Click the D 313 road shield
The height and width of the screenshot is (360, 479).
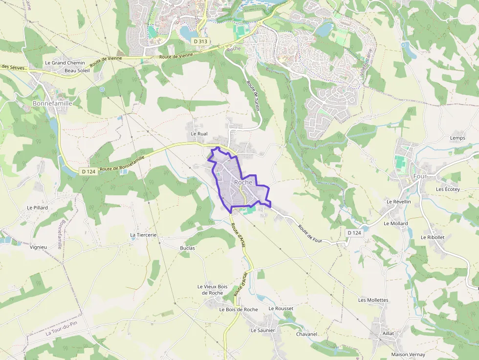click(x=200, y=42)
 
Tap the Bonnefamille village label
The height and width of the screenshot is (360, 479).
click(x=52, y=104)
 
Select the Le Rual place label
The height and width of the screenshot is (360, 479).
click(x=199, y=133)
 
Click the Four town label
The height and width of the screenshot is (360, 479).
click(x=420, y=176)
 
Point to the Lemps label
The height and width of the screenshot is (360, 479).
click(x=457, y=138)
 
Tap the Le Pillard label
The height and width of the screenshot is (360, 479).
click(x=38, y=208)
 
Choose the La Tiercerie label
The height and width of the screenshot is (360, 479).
click(x=143, y=235)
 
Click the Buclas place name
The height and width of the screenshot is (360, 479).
click(x=187, y=248)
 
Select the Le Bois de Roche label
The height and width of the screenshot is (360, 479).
click(x=239, y=310)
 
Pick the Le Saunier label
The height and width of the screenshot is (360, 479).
click(x=263, y=330)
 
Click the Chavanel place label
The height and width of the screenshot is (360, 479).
click(x=306, y=334)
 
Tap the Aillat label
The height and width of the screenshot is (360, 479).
click(x=388, y=333)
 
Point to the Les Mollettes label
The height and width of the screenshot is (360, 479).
click(x=373, y=300)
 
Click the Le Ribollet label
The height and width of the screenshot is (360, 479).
click(x=433, y=237)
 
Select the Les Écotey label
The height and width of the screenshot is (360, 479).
click(x=448, y=190)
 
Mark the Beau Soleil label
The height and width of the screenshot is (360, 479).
click(x=77, y=70)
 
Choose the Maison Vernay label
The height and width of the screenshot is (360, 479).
click(x=408, y=355)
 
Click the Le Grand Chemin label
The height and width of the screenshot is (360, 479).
click(x=65, y=63)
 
